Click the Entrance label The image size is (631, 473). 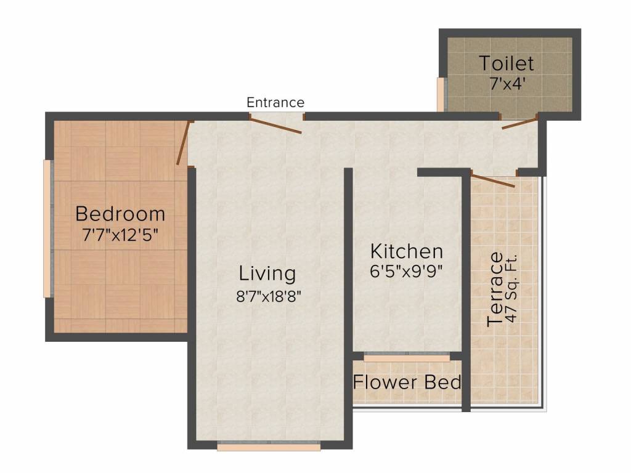tap(275, 103)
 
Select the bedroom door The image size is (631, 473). tap(183, 142)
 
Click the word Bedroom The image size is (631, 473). tap(120, 214)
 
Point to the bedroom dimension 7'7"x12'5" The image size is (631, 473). tap(120, 235)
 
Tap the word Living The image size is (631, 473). tap(267, 273)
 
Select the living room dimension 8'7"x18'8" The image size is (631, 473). tap(269, 296)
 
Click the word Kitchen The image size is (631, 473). tap(407, 251)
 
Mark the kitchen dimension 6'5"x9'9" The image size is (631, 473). tap(406, 272)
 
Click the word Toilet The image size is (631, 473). tap(507, 63)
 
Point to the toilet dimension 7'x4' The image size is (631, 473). tap(508, 84)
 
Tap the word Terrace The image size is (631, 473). tap(495, 289)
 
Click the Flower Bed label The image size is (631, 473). tap(407, 382)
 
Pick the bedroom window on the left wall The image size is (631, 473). tap(48, 229)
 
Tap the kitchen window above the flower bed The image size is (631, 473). tap(407, 358)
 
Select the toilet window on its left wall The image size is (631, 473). tap(441, 94)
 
